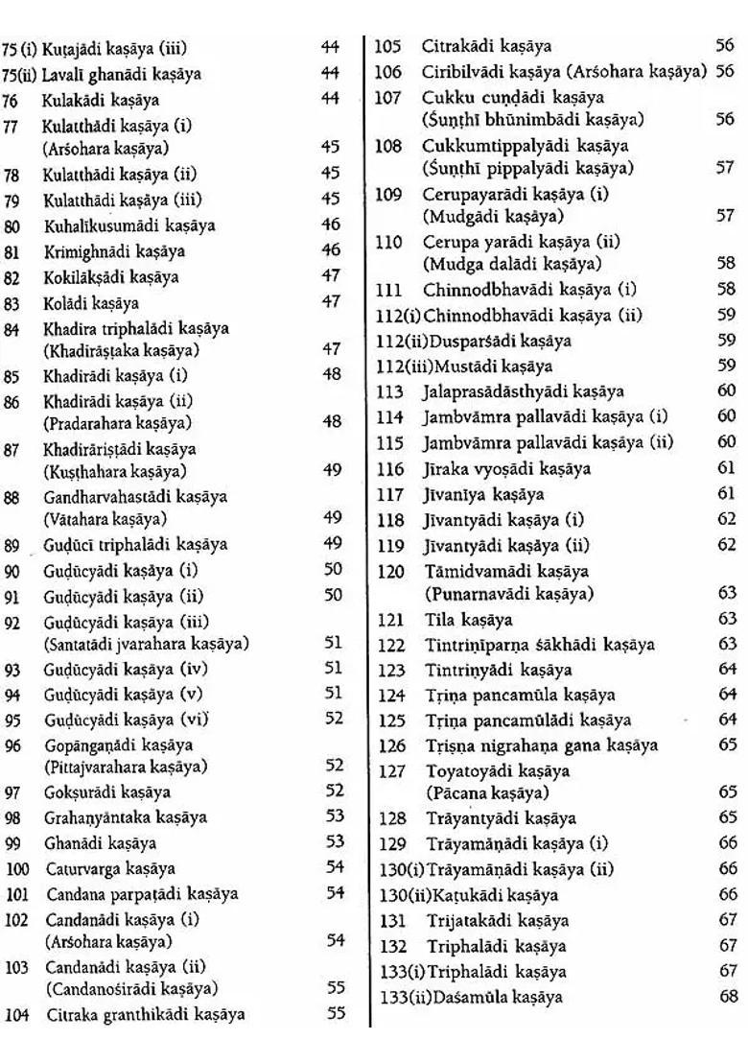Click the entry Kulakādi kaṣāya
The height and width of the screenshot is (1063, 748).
(x=100, y=99)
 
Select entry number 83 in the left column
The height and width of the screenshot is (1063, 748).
(x=12, y=303)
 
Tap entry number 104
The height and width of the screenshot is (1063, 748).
(x=16, y=1013)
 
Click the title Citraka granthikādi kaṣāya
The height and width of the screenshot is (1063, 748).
(x=144, y=1013)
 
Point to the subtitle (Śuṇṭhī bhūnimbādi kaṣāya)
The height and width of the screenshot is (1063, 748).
(x=533, y=119)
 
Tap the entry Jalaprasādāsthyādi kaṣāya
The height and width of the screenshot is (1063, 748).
(x=524, y=391)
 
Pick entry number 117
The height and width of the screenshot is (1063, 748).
(x=388, y=495)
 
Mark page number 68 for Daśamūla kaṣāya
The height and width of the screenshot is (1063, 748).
(x=728, y=996)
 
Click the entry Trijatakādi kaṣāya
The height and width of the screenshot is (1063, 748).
(x=497, y=920)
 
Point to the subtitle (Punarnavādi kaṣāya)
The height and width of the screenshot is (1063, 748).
(x=509, y=594)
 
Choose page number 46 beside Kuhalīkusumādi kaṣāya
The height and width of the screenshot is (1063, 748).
(x=332, y=224)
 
